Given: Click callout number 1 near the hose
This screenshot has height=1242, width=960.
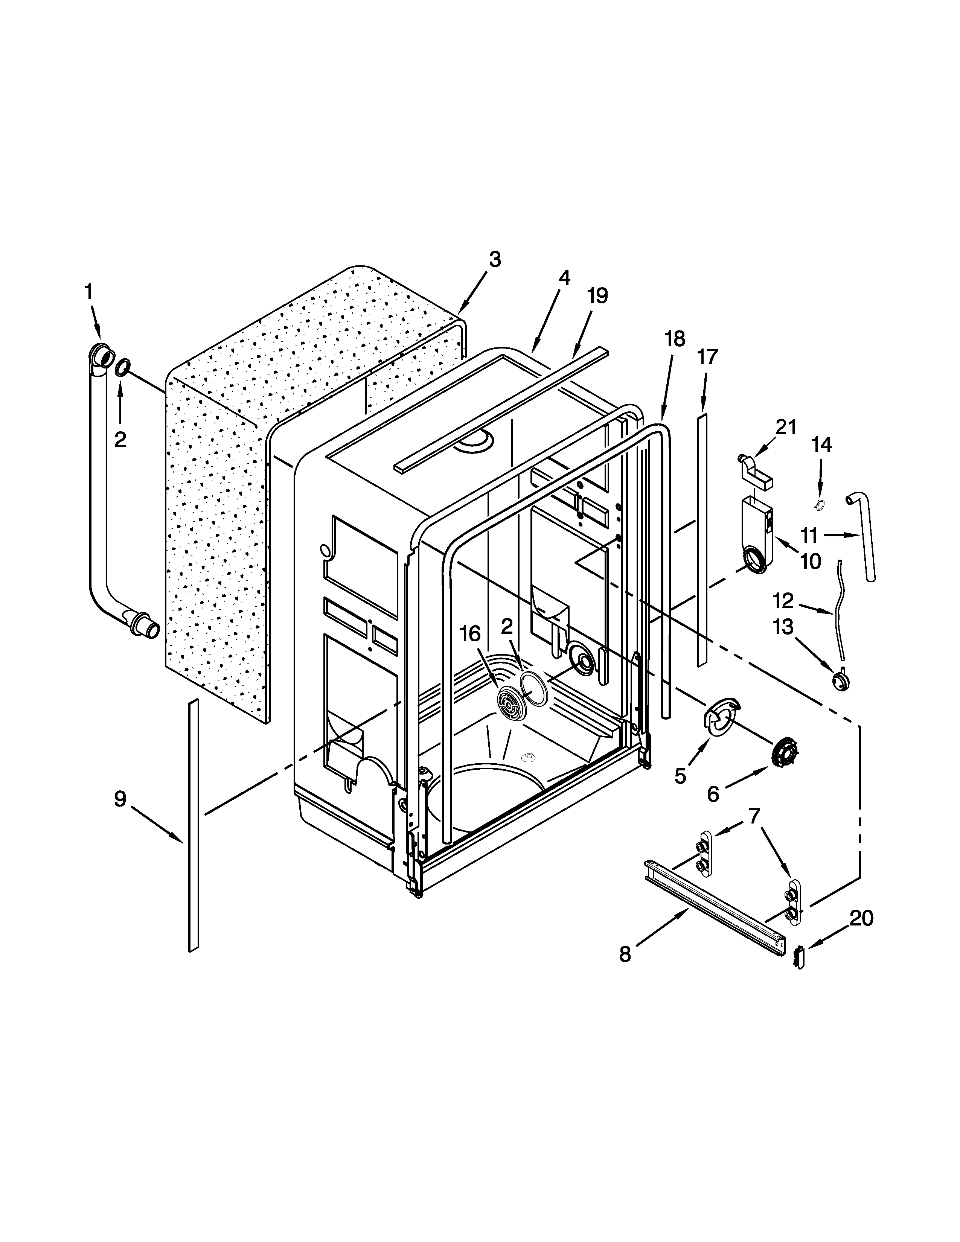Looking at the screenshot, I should [x=88, y=292].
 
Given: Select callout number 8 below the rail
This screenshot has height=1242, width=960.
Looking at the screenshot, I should [x=625, y=954].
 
